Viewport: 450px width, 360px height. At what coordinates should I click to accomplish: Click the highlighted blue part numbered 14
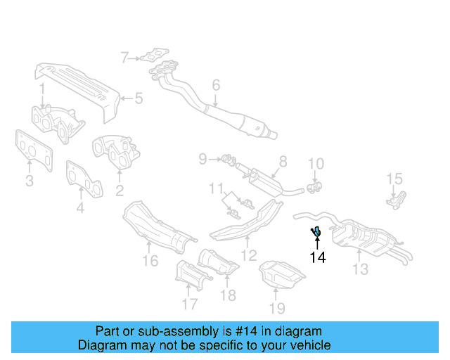tap(316, 230)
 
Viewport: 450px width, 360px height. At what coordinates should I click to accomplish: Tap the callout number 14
tap(318, 257)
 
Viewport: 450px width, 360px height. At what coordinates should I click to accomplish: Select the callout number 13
tap(360, 269)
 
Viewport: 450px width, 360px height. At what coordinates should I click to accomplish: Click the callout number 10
tap(316, 164)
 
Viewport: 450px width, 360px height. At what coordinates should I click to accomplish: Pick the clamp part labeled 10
tap(315, 186)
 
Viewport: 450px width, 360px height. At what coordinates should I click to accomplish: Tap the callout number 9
tap(202, 160)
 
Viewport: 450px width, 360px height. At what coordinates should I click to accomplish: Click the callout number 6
tap(216, 85)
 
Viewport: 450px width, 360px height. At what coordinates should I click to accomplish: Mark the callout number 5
tap(139, 98)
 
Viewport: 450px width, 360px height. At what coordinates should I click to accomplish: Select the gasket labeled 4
tap(84, 179)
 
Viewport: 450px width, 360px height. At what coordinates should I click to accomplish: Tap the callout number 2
tap(120, 190)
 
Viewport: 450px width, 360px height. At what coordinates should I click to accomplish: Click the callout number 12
tap(249, 255)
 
